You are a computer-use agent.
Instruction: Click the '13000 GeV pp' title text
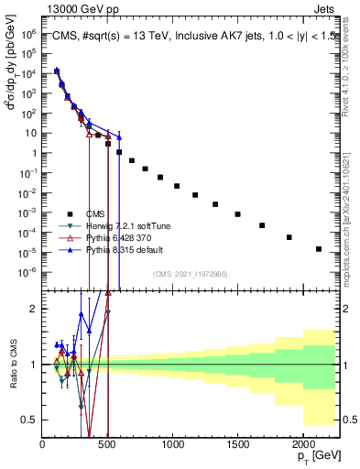[x=79, y=7]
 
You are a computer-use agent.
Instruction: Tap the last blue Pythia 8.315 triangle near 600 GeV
[x=119, y=136]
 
